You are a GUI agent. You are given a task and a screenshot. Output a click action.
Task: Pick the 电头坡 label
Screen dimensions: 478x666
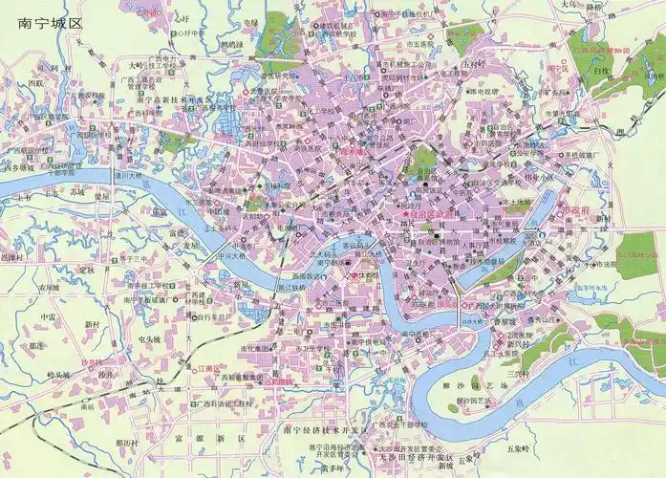[x=148, y=339]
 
